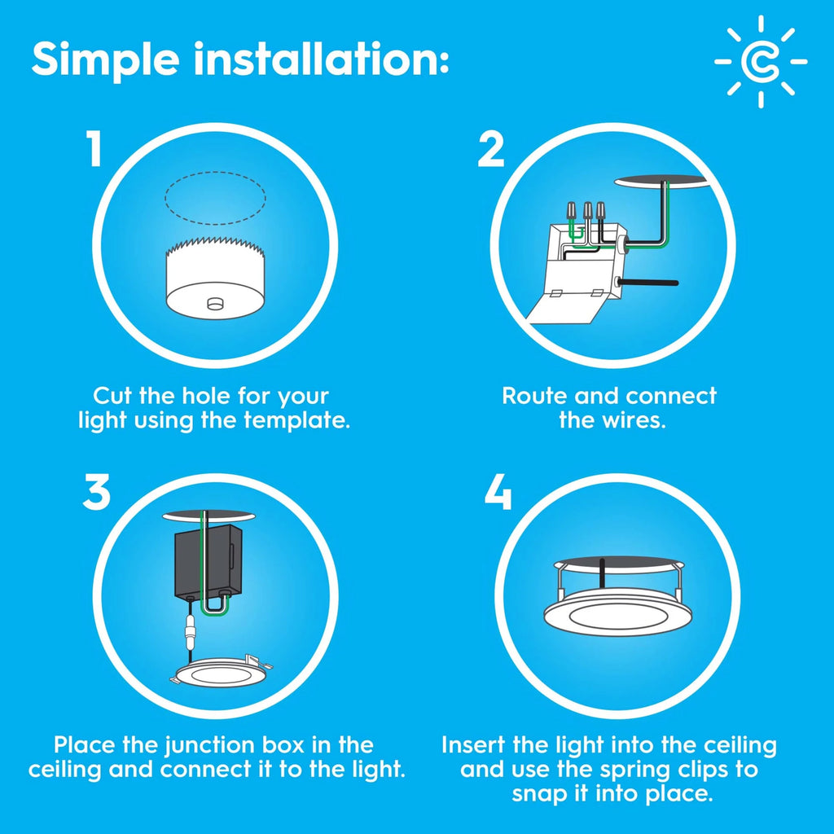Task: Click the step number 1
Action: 95,151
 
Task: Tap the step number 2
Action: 490,151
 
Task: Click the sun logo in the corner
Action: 761,61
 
